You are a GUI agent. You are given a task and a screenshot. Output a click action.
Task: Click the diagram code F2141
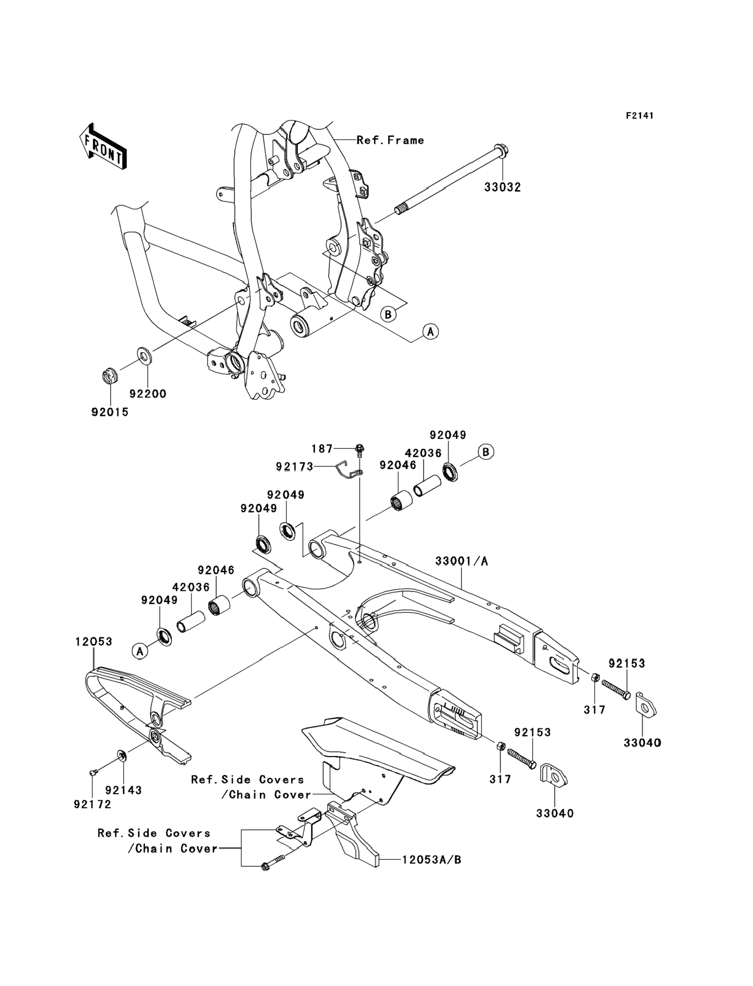coord(639,116)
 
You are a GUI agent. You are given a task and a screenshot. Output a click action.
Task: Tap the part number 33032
coord(502,187)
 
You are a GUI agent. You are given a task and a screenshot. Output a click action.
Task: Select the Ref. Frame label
coord(390,140)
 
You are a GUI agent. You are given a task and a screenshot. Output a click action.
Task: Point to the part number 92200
coord(148,394)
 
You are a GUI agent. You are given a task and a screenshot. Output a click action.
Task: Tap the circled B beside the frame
coord(388,314)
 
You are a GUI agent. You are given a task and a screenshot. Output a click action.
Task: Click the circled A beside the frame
coord(430,331)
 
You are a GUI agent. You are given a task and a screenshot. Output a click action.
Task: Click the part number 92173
coord(294,467)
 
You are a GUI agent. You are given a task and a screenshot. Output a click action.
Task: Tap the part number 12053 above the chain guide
coord(94,642)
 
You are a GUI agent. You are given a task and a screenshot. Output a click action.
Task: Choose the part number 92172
coord(92,804)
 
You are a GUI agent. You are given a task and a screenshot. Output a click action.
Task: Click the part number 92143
coord(124,790)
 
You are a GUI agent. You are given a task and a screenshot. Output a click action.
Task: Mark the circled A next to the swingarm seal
coord(140,651)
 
